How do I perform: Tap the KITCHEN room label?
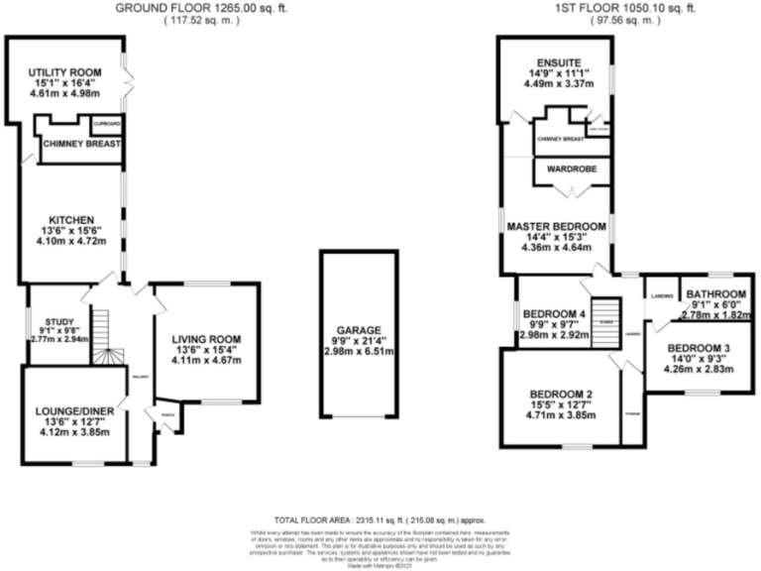pyautogui.click(x=72, y=219)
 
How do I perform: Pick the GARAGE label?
pyautogui.click(x=357, y=331)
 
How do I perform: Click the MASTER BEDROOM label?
pyautogui.click(x=556, y=227)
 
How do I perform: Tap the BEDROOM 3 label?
pyautogui.click(x=699, y=348)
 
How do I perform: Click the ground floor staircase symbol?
pyautogui.click(x=102, y=334)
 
